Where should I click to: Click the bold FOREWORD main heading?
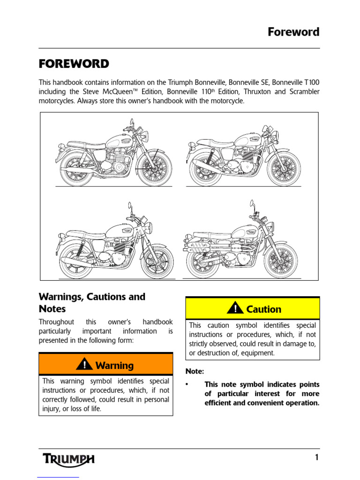coord(74,64)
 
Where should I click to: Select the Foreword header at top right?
coord(293,32)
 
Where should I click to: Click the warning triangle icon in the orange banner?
coord(84,364)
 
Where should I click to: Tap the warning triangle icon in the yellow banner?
coord(235,308)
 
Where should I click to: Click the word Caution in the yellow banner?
coord(263,309)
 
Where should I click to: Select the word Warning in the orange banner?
coord(114,365)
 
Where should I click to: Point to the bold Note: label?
coord(195,371)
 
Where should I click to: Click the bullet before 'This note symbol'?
coord(187,384)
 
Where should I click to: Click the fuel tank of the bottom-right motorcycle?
coord(245,232)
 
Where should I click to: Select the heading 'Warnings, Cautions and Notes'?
coord(91,303)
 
